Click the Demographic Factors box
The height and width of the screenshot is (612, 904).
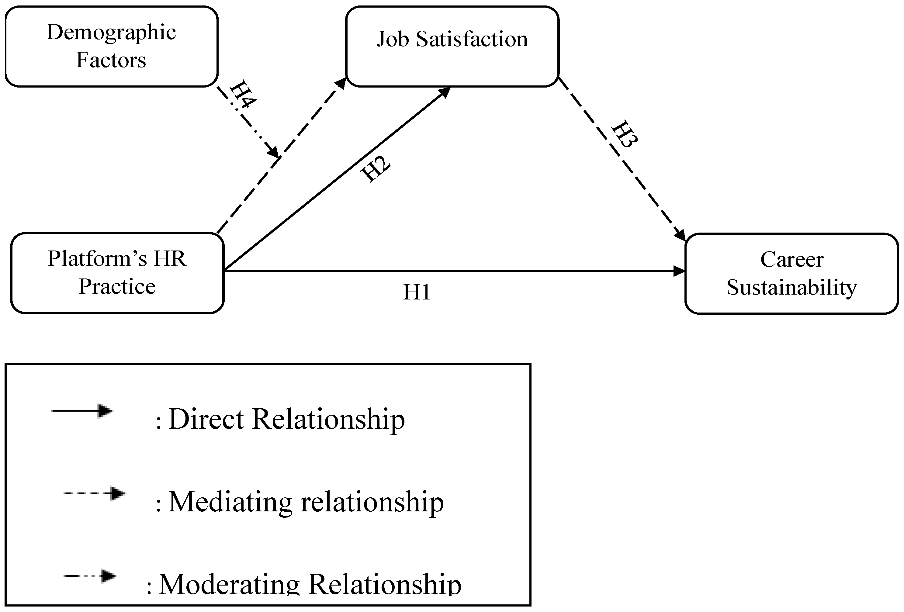point(111,46)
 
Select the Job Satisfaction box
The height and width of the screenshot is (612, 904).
point(452,46)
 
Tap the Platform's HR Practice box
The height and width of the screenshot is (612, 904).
point(117,273)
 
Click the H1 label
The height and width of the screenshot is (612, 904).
point(417,292)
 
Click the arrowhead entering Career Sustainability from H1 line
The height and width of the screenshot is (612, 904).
point(679,271)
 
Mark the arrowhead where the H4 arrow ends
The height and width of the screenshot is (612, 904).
point(273,152)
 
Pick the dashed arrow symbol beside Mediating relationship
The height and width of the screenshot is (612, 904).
point(95,493)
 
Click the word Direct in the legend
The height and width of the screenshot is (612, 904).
point(206,419)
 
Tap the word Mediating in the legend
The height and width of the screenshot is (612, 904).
point(230,502)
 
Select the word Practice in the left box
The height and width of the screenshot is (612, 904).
point(117,287)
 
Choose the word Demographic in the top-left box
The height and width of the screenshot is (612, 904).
point(111,33)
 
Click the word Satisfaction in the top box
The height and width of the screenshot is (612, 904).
point(472,39)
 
